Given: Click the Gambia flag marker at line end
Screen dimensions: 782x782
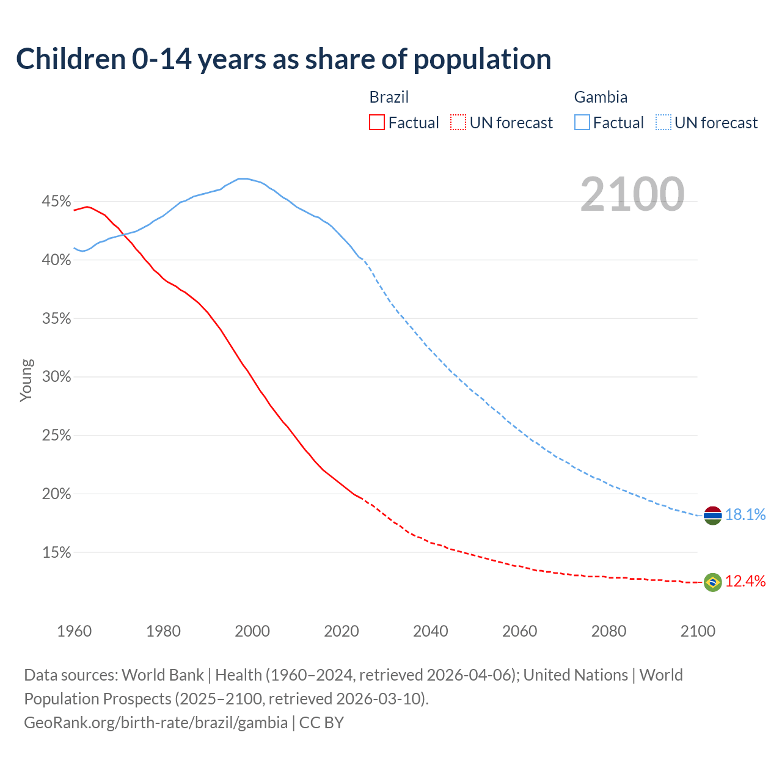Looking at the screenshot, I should pyautogui.click(x=712, y=516).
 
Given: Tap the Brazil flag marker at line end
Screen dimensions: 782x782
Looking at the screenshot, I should pyautogui.click(x=712, y=582).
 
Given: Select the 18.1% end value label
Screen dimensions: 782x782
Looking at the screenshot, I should pyautogui.click(x=745, y=515).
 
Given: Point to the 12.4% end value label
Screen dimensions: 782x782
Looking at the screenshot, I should pyautogui.click(x=745, y=582).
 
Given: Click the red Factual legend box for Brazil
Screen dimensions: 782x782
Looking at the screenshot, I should pyautogui.click(x=377, y=123).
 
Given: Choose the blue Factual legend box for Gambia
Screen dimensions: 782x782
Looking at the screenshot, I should pyautogui.click(x=582, y=123).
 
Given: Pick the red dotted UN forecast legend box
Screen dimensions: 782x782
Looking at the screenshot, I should pyautogui.click(x=458, y=123).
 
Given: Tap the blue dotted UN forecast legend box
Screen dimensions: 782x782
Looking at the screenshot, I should pyautogui.click(x=663, y=123).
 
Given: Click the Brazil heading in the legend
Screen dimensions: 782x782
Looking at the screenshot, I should pyautogui.click(x=389, y=97).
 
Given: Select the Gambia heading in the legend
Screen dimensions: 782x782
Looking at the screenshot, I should pyautogui.click(x=601, y=97).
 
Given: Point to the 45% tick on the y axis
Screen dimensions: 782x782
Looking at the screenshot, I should pyautogui.click(x=57, y=202).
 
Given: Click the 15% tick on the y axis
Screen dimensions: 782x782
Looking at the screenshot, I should pyautogui.click(x=57, y=553).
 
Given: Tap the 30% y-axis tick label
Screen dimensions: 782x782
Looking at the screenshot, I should pyautogui.click(x=57, y=377).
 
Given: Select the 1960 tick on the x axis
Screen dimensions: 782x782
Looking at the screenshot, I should pyautogui.click(x=75, y=631).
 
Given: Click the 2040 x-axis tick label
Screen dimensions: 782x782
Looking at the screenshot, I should pyautogui.click(x=431, y=631).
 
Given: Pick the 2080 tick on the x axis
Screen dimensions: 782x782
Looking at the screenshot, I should pyautogui.click(x=608, y=631).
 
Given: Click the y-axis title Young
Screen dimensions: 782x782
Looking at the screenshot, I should pyautogui.click(x=26, y=380).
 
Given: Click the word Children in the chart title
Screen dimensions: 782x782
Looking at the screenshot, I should pyautogui.click(x=71, y=59).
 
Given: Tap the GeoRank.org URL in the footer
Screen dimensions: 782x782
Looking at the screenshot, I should pyautogui.click(x=156, y=723).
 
